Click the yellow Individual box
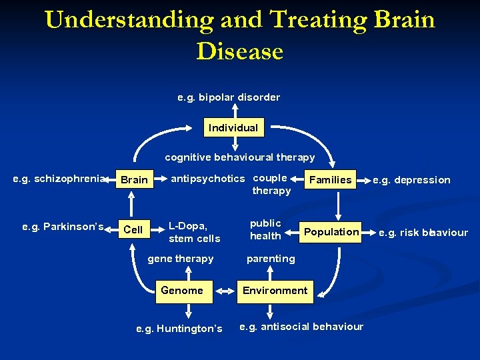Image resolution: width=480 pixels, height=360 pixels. [x=233, y=127]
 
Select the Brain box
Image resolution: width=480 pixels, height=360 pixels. [x=134, y=180]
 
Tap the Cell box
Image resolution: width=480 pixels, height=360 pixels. [x=133, y=229]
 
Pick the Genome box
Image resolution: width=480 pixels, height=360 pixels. [x=182, y=290]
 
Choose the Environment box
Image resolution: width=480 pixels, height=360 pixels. [x=275, y=290]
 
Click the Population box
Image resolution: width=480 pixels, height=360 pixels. [x=331, y=231]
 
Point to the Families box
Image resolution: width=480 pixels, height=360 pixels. [x=330, y=179]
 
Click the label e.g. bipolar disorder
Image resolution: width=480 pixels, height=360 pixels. [x=229, y=97]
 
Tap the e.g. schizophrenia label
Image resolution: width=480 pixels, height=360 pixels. [x=59, y=179]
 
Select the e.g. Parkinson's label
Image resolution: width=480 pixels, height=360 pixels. [x=63, y=227]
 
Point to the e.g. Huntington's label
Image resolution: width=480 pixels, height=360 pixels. [x=179, y=328]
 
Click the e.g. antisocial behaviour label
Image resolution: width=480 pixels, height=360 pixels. [x=301, y=326]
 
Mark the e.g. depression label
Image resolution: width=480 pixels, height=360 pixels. [x=411, y=180]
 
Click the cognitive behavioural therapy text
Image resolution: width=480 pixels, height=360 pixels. [x=240, y=157]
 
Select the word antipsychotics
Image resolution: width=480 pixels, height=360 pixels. [x=208, y=179]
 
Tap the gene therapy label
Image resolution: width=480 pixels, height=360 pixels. [x=180, y=259]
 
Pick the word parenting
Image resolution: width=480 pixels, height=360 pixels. [x=271, y=259]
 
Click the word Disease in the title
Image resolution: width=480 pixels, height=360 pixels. [x=240, y=51]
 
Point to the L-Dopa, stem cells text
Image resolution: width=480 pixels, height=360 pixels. [x=194, y=231]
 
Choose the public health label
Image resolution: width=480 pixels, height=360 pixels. [x=265, y=229]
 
